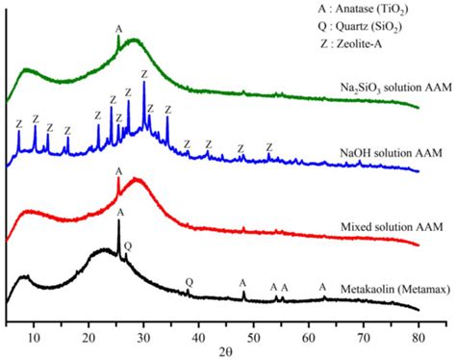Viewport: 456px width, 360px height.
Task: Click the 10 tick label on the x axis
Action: [x=34, y=324]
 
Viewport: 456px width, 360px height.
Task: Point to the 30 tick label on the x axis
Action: [x=143, y=324]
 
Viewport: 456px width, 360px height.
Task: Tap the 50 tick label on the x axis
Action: [x=254, y=324]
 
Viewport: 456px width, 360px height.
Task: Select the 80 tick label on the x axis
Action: [x=418, y=324]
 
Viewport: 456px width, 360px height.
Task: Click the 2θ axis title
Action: [x=226, y=346]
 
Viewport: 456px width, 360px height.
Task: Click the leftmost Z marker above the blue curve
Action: [x=18, y=123]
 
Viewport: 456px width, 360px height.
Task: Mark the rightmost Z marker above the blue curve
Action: [x=269, y=146]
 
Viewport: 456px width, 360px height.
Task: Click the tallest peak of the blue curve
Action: [x=144, y=84]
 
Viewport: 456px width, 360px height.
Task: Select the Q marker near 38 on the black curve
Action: [x=189, y=282]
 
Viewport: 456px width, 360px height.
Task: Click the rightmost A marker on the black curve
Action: [x=322, y=287]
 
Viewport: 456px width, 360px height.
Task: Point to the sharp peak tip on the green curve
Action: [x=118, y=37]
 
